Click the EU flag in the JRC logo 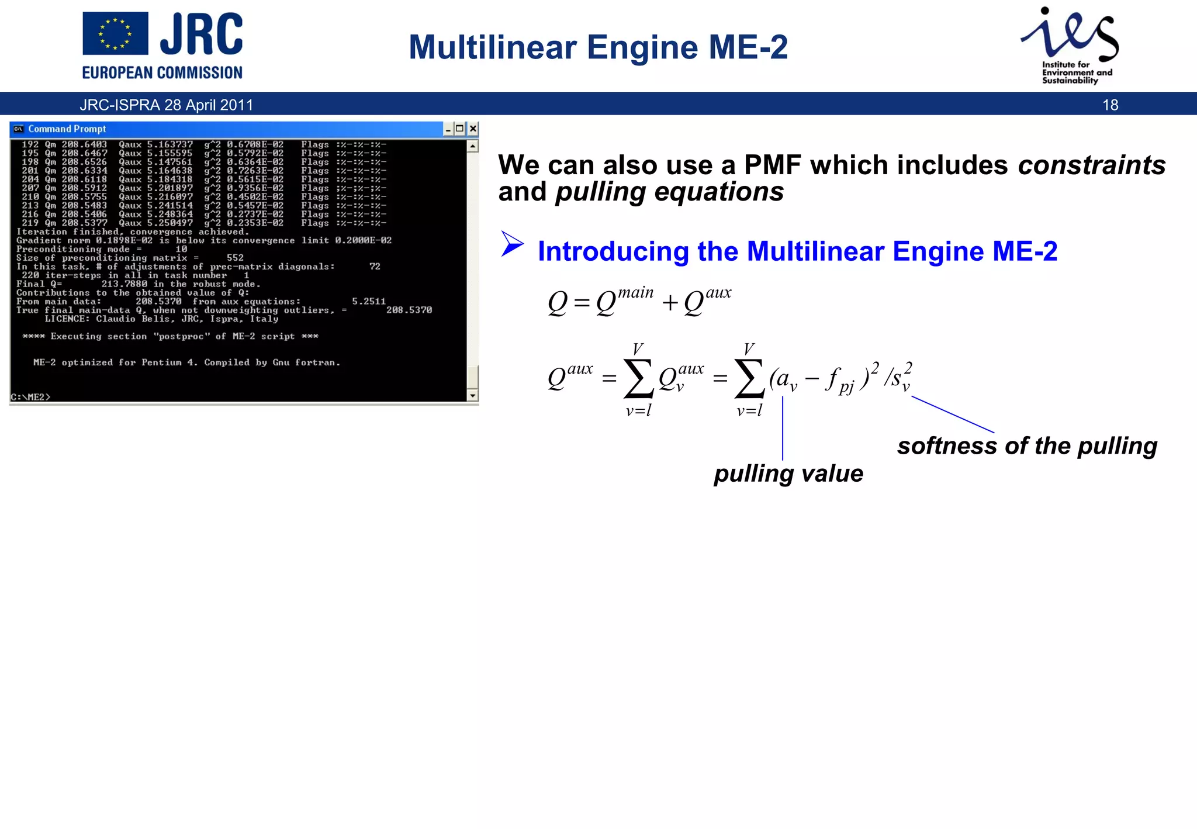tap(115, 34)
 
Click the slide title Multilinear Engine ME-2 tap(598, 47)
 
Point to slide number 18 tap(1110, 105)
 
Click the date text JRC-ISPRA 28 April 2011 tap(167, 105)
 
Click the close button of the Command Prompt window tap(473, 129)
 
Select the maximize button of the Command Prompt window tap(460, 129)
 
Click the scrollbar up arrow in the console tap(473, 146)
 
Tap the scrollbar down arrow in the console tap(473, 396)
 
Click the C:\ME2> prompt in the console tap(31, 397)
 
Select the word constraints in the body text tap(1091, 165)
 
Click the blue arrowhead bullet tap(512, 244)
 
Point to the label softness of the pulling tap(1027, 446)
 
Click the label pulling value tap(788, 474)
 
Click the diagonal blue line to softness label tap(953, 414)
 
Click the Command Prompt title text tap(67, 129)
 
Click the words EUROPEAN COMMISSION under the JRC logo tap(162, 73)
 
